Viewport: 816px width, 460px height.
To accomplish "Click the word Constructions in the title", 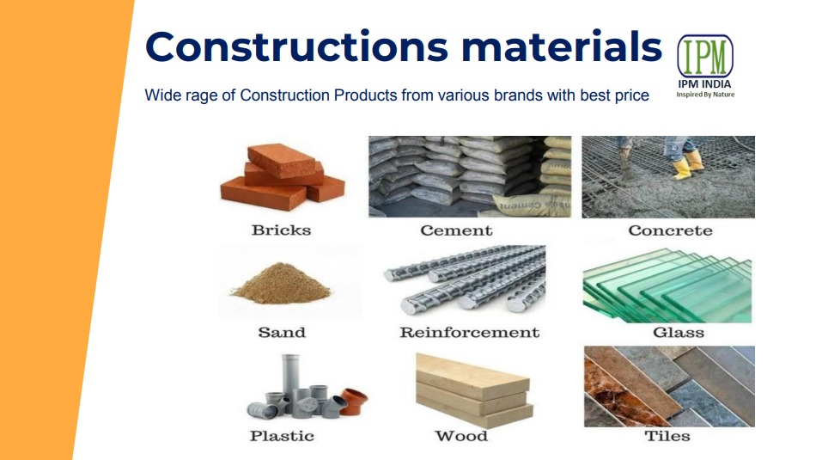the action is point(296,46).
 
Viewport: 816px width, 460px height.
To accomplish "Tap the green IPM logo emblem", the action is point(705,56).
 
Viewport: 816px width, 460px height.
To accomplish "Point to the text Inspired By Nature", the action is point(705,95).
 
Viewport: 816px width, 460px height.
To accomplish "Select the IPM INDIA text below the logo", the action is point(704,84).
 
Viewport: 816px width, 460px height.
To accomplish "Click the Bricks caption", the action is point(281,230).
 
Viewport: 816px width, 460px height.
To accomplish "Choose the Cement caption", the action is point(456,230).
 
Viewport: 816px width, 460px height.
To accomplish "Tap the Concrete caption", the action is point(670,230).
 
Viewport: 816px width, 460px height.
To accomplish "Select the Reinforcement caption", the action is point(469,333).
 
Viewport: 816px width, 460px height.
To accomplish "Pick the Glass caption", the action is point(679,333).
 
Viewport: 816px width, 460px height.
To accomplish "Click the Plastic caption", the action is point(282,436).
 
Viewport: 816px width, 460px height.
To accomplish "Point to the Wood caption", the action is point(461,436).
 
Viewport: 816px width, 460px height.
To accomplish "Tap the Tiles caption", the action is point(667,436).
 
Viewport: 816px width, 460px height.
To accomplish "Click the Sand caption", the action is point(282,333).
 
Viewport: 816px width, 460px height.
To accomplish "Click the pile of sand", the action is point(281,285).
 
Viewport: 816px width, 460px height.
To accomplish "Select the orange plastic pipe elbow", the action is point(355,402).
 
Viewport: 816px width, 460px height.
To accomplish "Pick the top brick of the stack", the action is point(282,161).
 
